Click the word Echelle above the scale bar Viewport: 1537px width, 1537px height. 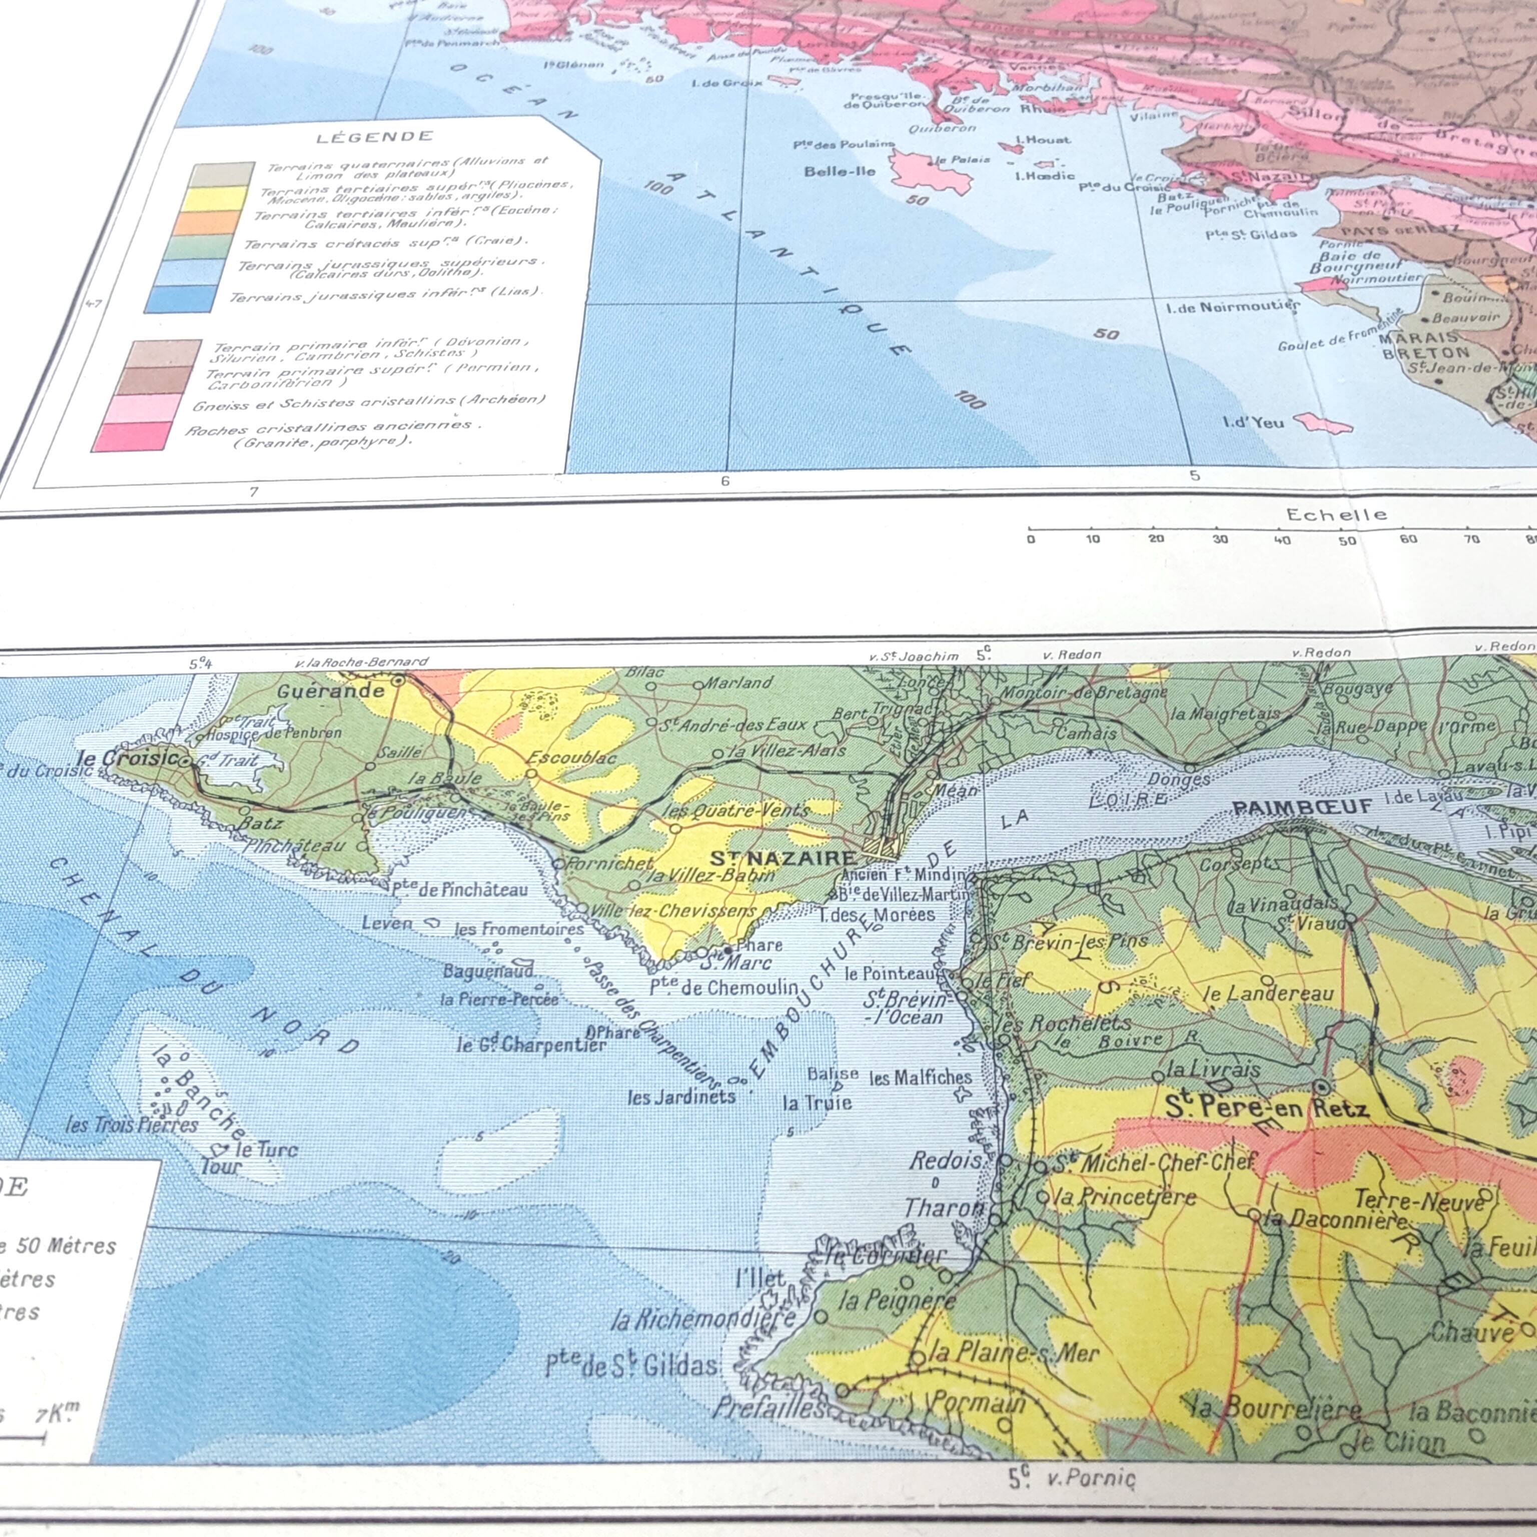pyautogui.click(x=1336, y=515)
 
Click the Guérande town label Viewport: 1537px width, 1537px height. pyautogui.click(x=331, y=690)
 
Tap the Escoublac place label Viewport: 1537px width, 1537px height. pyautogui.click(x=571, y=756)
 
